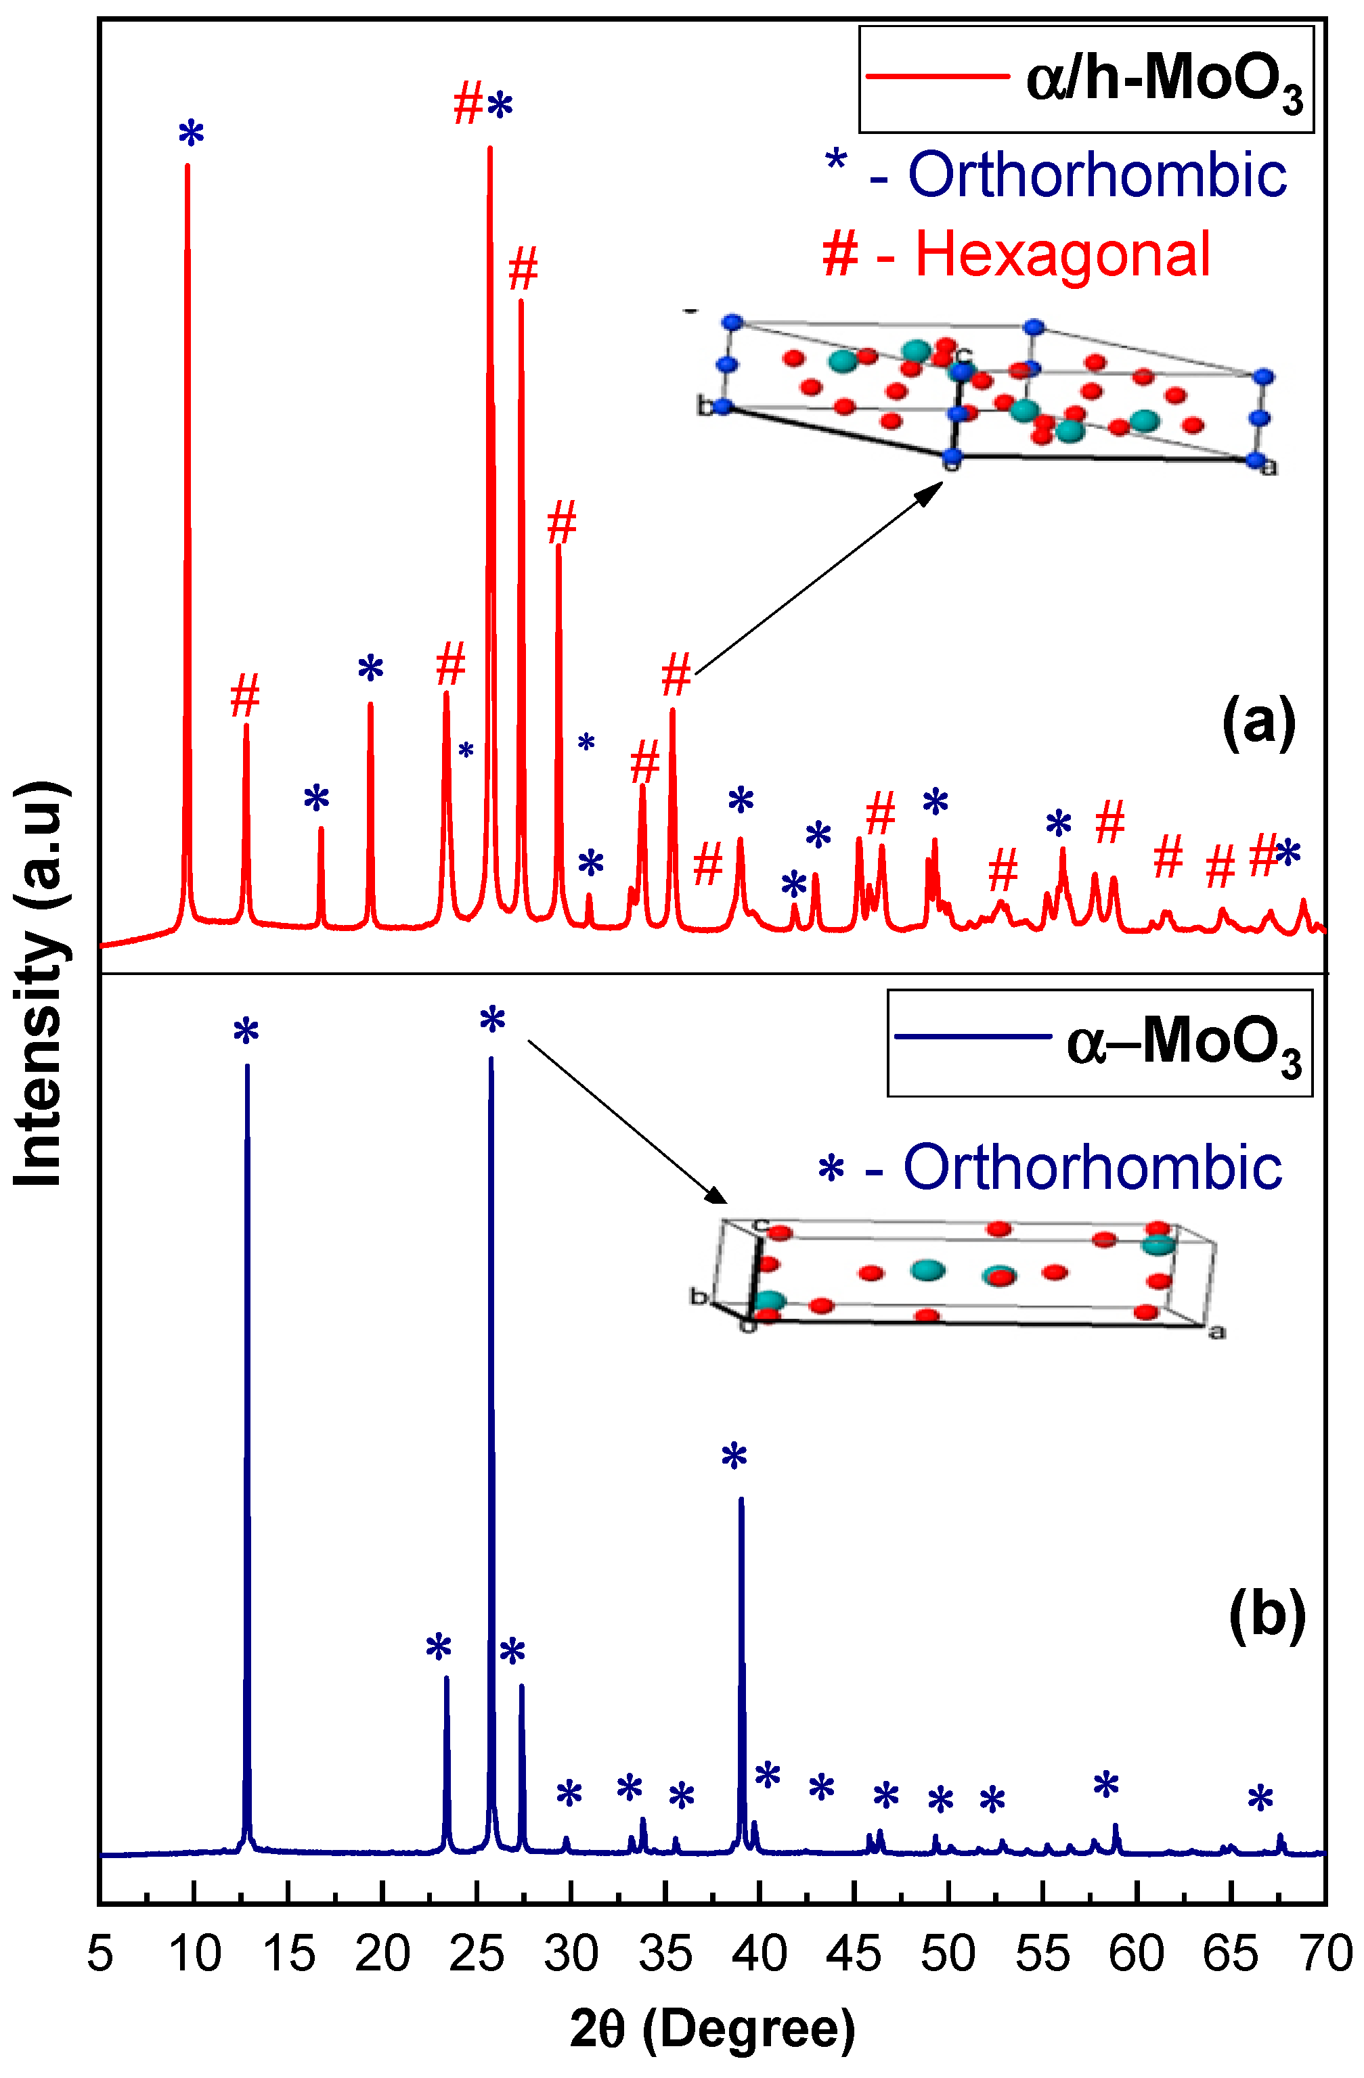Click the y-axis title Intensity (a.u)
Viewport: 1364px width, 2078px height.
click(x=40, y=982)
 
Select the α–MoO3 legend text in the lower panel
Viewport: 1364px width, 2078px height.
click(x=1183, y=1044)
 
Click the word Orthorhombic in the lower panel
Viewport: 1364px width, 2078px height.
click(x=1092, y=1167)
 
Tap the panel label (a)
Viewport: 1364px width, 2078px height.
click(x=1258, y=723)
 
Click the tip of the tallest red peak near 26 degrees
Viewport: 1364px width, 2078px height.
click(x=490, y=148)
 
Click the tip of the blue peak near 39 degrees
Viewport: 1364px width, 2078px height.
click(x=741, y=1498)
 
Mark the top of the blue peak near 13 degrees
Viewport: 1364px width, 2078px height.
click(x=247, y=1066)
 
